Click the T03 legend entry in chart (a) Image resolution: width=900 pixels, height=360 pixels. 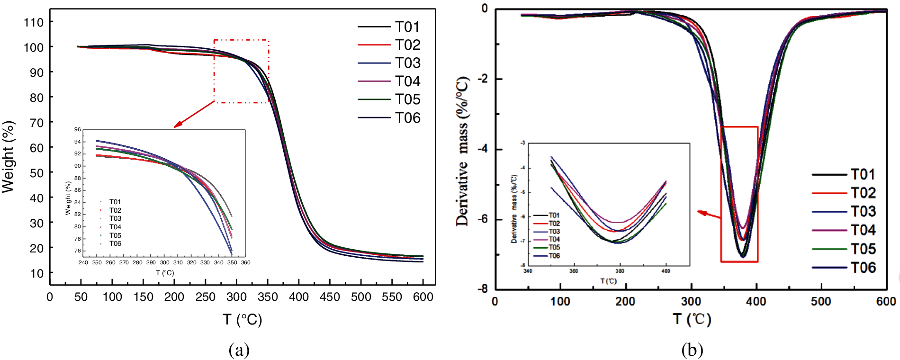point(407,63)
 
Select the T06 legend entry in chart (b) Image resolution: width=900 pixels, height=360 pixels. point(863,268)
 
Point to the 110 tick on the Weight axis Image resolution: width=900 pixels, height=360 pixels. point(34,22)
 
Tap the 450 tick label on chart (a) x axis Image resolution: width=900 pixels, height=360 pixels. point(330,297)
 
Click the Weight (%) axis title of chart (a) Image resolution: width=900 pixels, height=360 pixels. point(9,156)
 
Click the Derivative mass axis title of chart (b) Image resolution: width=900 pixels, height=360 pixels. point(462,152)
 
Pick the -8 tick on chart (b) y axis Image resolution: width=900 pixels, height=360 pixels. point(483,289)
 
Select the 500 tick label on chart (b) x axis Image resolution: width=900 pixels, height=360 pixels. point(821,302)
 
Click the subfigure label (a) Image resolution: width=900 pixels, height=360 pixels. point(239,350)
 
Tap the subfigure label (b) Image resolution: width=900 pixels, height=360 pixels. point(692,350)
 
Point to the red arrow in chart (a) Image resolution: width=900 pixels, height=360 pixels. point(194,114)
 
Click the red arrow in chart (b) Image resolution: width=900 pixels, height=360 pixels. point(709,215)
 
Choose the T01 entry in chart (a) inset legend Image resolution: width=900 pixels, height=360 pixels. point(115,202)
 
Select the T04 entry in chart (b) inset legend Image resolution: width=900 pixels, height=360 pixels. point(554,240)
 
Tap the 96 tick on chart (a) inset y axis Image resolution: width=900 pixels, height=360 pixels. point(77,130)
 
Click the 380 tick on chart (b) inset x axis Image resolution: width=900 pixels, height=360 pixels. point(620,271)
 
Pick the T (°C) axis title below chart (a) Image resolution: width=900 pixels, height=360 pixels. point(242,320)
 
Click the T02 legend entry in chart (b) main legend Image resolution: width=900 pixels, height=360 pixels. point(863,193)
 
